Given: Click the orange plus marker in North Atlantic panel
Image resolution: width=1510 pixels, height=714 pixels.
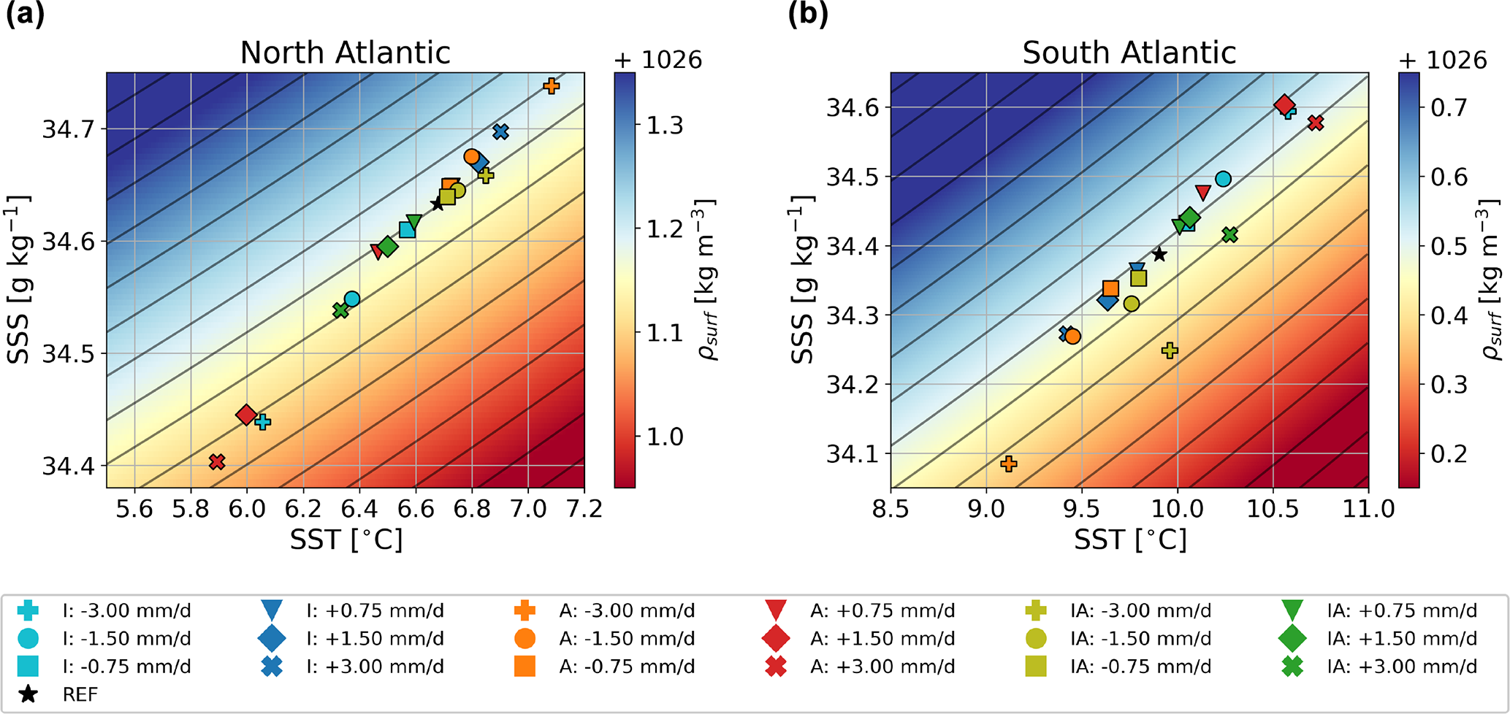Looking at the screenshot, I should [x=552, y=86].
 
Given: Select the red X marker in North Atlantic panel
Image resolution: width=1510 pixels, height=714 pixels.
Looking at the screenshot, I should [x=216, y=461].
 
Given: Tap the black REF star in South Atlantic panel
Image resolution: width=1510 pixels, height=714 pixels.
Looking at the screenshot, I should [x=1159, y=254].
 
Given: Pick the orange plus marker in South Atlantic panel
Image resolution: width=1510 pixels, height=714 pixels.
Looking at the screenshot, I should [x=1009, y=464].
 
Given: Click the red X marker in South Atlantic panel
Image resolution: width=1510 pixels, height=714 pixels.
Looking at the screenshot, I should [x=1316, y=123].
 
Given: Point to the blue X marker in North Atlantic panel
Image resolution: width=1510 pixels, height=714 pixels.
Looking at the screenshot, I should [x=500, y=132].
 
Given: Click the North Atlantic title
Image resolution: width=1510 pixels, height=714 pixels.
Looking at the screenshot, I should [x=345, y=53].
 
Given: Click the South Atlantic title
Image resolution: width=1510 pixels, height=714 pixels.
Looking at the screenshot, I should [x=1129, y=53].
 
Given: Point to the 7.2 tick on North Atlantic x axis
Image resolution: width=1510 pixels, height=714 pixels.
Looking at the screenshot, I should [x=584, y=508].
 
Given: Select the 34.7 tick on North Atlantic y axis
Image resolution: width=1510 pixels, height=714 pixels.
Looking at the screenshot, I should [x=64, y=130].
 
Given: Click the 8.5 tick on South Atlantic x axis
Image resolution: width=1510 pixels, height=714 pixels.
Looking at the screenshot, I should [x=891, y=508].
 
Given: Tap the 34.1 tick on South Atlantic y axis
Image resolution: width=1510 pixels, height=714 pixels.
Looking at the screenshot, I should [x=848, y=454].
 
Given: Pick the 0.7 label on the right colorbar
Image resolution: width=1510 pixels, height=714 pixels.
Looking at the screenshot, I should [x=1449, y=108].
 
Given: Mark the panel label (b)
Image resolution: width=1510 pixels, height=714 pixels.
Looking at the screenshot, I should [x=807, y=15].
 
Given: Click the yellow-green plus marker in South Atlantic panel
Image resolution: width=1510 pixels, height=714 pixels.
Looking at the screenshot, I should [x=1170, y=350].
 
